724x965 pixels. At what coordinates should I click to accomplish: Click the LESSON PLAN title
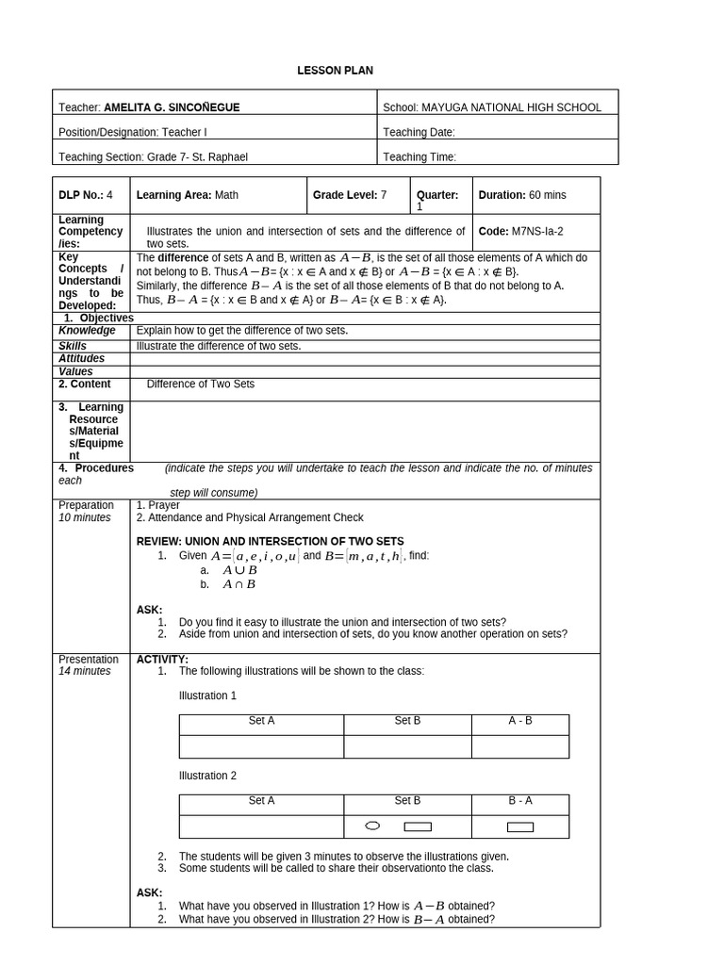(329, 71)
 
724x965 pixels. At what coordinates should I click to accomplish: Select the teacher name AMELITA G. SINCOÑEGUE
(172, 107)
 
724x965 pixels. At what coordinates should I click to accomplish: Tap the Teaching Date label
(420, 133)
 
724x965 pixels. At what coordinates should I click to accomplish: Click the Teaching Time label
(420, 157)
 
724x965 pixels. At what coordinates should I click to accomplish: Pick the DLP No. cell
(86, 195)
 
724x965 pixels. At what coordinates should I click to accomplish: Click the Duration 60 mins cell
(522, 195)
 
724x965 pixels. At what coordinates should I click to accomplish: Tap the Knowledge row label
(87, 331)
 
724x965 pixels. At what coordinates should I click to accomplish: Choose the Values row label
(75, 371)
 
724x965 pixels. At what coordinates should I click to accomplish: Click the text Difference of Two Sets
(200, 384)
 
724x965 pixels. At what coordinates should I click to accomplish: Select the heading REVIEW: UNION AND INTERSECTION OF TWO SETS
(270, 542)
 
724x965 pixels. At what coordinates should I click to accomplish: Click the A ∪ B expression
(239, 570)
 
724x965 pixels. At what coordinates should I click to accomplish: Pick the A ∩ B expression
(239, 584)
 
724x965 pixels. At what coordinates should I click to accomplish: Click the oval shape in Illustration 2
(372, 826)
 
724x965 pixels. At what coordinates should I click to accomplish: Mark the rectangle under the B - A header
(520, 827)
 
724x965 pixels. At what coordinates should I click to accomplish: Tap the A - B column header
(520, 721)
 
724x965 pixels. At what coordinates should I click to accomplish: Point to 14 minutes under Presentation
(85, 671)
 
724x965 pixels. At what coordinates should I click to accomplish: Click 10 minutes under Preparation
(85, 517)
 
